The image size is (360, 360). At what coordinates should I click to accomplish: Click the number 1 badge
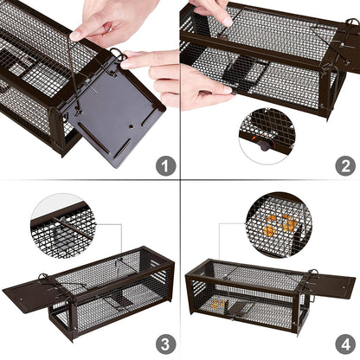166,164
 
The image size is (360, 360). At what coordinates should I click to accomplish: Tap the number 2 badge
344,164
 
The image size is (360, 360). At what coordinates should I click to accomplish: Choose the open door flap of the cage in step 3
29,295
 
